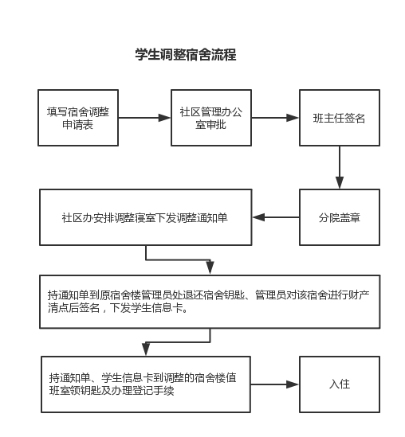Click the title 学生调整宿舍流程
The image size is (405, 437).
[186, 54]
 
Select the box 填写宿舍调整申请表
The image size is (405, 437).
[78, 118]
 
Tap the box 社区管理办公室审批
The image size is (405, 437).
[211, 118]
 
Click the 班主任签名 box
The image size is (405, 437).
[340, 118]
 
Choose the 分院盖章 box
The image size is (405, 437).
[340, 217]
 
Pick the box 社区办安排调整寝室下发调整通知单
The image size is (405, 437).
[146, 217]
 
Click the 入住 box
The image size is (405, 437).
[340, 384]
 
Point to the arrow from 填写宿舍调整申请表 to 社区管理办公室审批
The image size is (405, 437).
[144, 118]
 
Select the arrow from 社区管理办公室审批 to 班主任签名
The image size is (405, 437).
[275, 118]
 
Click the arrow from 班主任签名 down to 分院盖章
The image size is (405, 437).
[340, 167]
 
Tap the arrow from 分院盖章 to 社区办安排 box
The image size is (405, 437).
[276, 217]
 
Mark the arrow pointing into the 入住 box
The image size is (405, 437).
[275, 384]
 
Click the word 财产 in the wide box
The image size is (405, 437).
[359, 295]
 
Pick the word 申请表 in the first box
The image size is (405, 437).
[77, 125]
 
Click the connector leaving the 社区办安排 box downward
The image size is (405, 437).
[178, 260]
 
